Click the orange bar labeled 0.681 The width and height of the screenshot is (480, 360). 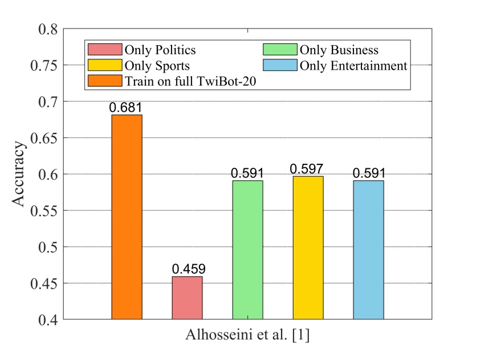127,217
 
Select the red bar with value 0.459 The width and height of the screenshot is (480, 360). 187,297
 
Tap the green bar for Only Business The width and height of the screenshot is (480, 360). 247,249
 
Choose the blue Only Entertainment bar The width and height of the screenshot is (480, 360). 368,249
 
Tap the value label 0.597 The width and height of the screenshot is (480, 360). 308,169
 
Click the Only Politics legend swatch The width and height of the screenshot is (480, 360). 105,51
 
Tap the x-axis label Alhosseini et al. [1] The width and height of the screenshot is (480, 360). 247,335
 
